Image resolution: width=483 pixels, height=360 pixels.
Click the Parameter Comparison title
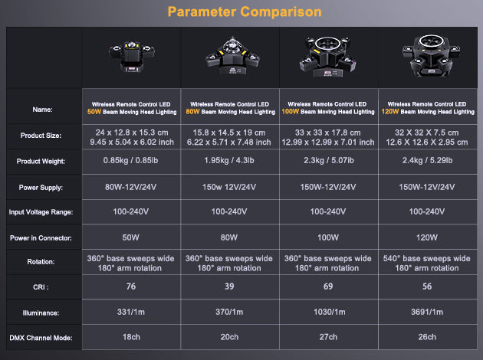pos(245,12)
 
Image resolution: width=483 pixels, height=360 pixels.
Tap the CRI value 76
pos(131,286)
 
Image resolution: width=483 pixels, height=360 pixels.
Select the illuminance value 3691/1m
pos(427,312)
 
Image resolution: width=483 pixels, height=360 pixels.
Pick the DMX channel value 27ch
pos(328,337)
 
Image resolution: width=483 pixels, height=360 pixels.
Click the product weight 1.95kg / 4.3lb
pos(229,160)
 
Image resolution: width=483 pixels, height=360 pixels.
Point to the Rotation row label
pos(41,262)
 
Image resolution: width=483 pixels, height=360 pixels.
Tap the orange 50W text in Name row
pos(94,112)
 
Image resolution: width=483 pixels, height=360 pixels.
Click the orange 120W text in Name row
pos(390,112)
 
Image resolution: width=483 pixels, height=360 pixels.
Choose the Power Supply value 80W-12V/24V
pos(130,187)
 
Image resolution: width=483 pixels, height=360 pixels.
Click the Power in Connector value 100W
pos(328,237)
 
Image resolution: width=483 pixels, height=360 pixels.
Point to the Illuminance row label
pos(41,313)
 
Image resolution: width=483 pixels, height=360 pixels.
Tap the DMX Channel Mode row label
pos(41,338)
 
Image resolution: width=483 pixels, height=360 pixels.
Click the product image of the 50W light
pos(132,56)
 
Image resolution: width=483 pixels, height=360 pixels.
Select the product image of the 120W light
pos(431,55)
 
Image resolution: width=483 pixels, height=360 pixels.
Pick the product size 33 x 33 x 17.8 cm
pos(328,133)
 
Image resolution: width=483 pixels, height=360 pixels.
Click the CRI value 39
pos(229,286)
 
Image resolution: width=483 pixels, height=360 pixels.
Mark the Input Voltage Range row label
pos(41,212)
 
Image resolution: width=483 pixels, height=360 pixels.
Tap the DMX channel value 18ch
pos(131,337)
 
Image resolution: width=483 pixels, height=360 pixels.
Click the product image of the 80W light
pos(232,56)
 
